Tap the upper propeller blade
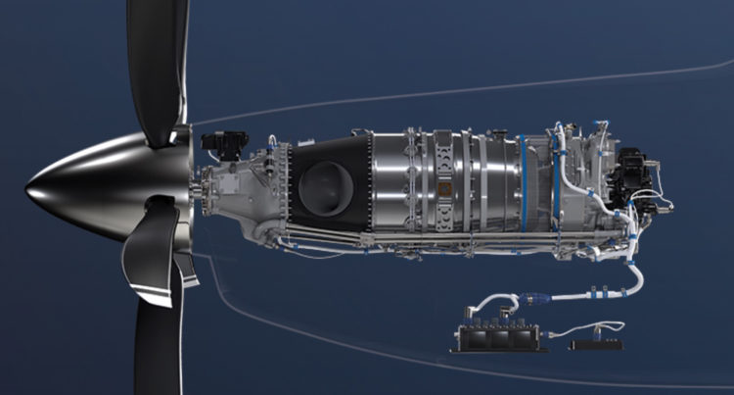tap(157, 59)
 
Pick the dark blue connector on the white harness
tap(533, 295)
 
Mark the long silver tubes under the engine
tap(411, 241)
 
